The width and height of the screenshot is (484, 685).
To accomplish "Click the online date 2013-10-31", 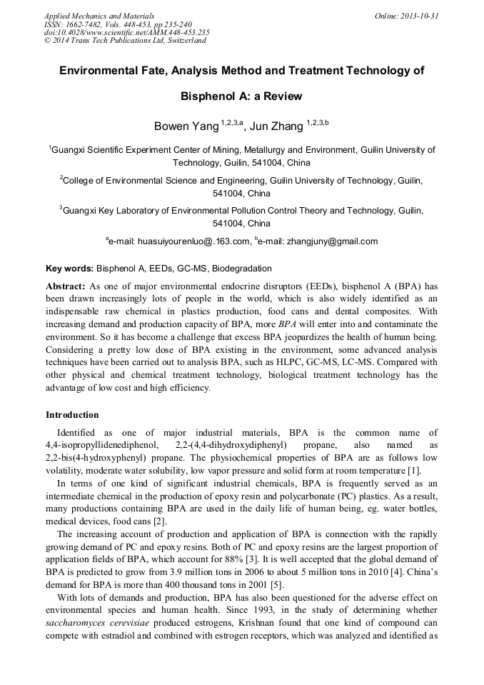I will click(x=420, y=16).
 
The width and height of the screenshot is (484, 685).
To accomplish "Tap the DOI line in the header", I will click(x=126, y=32).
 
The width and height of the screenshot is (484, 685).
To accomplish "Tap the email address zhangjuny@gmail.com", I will click(x=332, y=241).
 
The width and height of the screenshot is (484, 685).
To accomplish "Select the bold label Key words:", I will click(x=70, y=269).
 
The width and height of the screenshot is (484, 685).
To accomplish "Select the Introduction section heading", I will click(x=72, y=415).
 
